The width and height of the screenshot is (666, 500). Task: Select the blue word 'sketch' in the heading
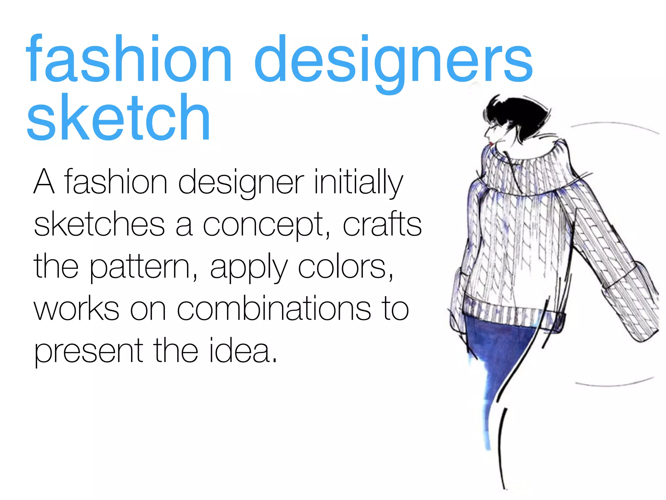pyautogui.click(x=119, y=117)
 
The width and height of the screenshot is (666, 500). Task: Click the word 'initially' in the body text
pyautogui.click(x=358, y=182)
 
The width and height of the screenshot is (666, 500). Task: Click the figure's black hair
pyautogui.click(x=517, y=114)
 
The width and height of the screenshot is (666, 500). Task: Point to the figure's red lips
pyautogui.click(x=491, y=143)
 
